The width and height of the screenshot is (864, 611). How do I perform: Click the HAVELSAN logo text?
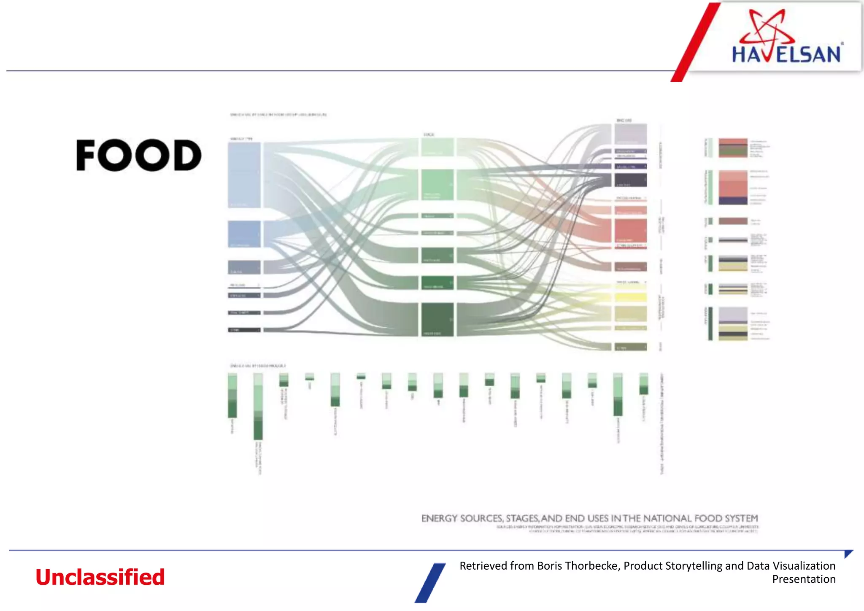pyautogui.click(x=786, y=55)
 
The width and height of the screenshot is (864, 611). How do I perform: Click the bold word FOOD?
pyautogui.click(x=139, y=155)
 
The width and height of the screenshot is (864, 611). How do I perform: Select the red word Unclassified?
pyautogui.click(x=100, y=577)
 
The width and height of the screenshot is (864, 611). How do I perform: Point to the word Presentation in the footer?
pyautogui.click(x=804, y=579)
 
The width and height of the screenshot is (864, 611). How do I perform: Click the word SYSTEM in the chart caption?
pyautogui.click(x=741, y=518)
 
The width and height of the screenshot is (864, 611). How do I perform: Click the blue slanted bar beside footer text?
pyautogui.click(x=430, y=583)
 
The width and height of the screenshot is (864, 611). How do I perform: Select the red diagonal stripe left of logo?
pyautogui.click(x=696, y=42)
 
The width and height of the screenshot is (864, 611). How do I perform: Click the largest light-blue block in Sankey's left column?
pyautogui.click(x=244, y=175)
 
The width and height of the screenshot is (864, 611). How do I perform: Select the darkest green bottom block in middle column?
pyautogui.click(x=437, y=319)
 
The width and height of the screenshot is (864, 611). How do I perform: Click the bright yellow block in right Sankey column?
pyautogui.click(x=630, y=297)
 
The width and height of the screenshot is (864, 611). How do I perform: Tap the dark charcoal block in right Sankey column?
pyautogui.click(x=630, y=180)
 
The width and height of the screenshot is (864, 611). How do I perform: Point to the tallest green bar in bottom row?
pyautogui.click(x=258, y=407)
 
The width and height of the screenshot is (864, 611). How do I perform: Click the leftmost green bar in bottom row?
pyautogui.click(x=232, y=396)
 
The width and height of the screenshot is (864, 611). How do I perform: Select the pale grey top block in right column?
pyautogui.click(x=630, y=134)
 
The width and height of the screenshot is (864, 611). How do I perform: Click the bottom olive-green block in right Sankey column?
pyautogui.click(x=630, y=347)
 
